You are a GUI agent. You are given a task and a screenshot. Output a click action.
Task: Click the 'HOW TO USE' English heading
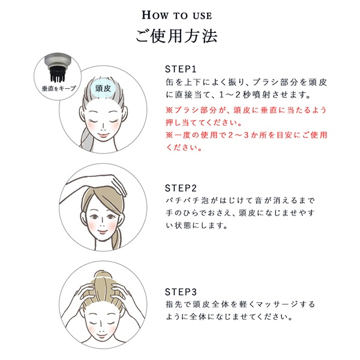click(176, 16)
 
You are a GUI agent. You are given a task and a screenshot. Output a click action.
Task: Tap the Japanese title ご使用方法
click(176, 36)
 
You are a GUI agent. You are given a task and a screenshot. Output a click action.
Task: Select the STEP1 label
click(181, 69)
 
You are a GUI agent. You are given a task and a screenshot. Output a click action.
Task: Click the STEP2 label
click(181, 188)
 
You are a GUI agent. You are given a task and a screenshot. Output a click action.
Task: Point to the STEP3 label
click(181, 292)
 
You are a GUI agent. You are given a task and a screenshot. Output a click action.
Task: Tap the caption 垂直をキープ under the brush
click(59, 88)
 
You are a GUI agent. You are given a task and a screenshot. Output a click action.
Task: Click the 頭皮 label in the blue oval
click(103, 88)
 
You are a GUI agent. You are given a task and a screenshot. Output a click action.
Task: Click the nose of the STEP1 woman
click(103, 126)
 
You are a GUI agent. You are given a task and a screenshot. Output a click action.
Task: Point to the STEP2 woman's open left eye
click(111, 217)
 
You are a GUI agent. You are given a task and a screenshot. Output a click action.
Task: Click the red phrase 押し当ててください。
click(203, 122)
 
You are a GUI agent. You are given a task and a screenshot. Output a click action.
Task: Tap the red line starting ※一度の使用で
click(247, 135)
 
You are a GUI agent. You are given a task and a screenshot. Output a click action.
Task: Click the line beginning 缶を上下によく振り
click(247, 82)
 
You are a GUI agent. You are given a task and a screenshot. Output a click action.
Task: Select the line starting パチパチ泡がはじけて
click(240, 200)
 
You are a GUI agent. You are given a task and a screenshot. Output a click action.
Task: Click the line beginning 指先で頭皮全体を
click(240, 304)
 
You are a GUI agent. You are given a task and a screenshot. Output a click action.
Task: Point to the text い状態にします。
click(197, 226)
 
